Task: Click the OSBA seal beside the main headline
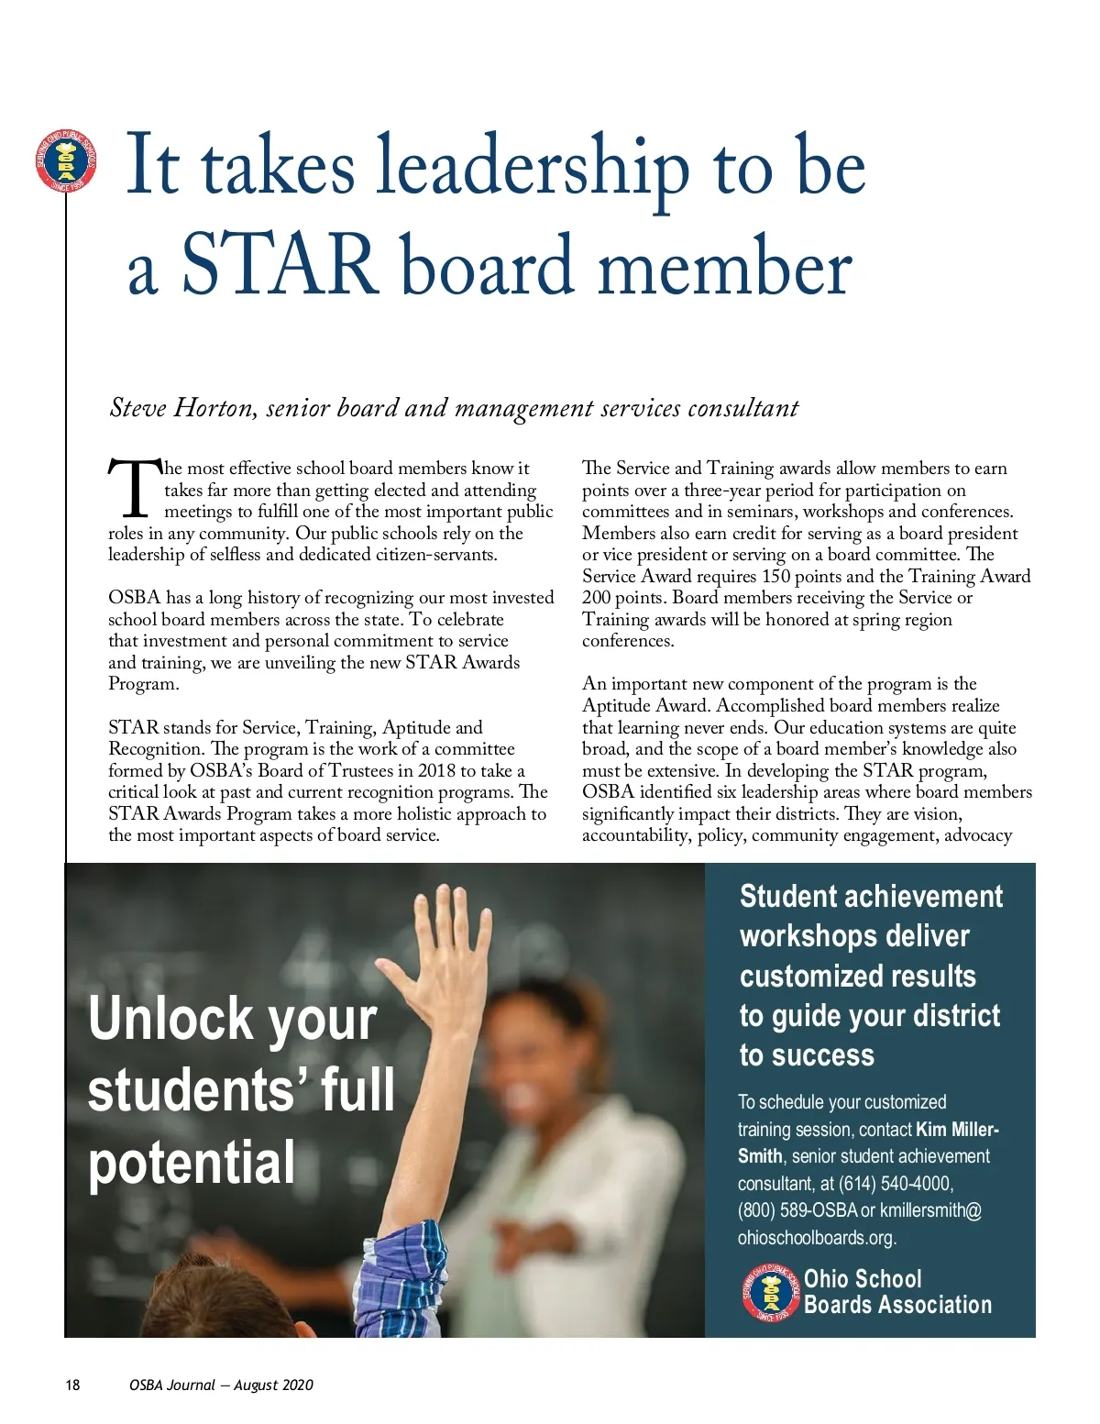(65, 161)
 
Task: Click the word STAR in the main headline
(280, 265)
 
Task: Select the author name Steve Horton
(181, 407)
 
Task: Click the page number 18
(72, 1385)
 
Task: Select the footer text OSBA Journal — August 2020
(221, 1385)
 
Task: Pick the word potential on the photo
(192, 1163)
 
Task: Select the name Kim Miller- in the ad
(957, 1129)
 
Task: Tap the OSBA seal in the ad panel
(771, 1294)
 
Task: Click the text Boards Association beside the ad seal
(897, 1305)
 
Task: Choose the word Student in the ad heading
(787, 896)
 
